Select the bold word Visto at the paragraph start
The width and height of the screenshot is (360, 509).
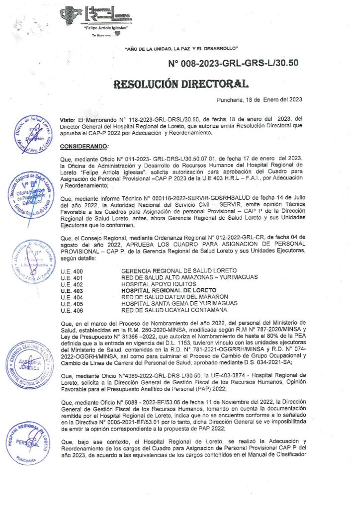tap(67, 120)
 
